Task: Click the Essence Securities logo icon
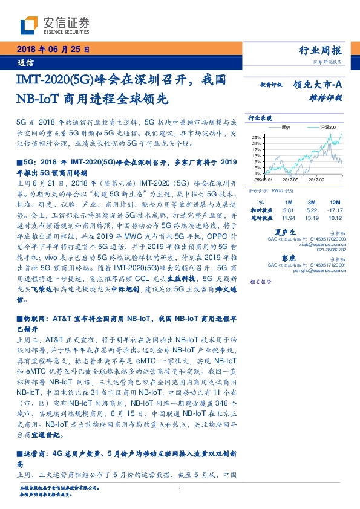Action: click(x=29, y=25)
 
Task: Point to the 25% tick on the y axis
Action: click(x=257, y=137)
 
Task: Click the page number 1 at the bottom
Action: click(x=180, y=490)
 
